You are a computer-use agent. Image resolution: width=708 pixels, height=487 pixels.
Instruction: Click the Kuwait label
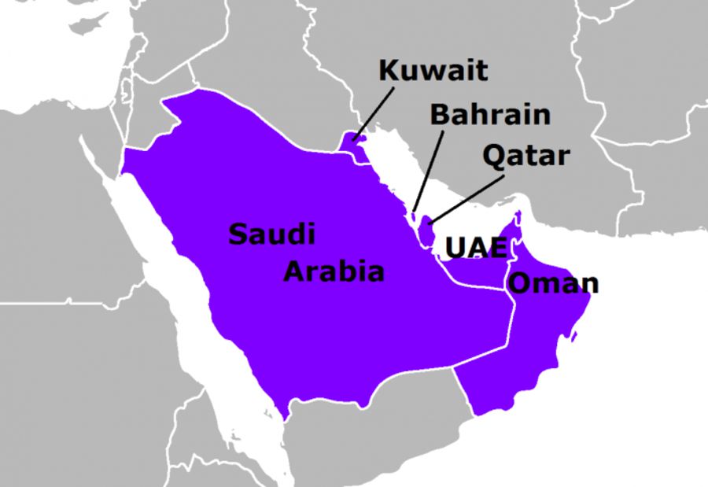point(433,72)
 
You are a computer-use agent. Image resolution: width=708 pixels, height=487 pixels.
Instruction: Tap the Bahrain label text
point(489,114)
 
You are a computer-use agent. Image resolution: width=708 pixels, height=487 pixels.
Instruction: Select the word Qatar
point(525,156)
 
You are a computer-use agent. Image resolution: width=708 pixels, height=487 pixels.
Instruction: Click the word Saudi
point(271,234)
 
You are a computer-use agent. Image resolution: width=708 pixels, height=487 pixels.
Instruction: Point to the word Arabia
point(334,272)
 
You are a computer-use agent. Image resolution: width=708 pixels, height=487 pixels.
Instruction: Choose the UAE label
point(476,247)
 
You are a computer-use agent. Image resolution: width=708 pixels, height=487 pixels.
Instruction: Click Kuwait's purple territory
point(351,144)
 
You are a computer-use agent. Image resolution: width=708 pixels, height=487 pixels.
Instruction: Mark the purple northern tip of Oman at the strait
point(519,214)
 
